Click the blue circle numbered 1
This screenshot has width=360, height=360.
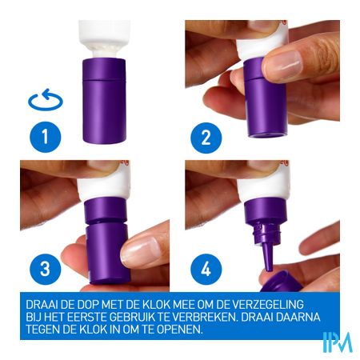[x=46, y=137]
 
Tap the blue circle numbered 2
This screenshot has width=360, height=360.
[x=206, y=138]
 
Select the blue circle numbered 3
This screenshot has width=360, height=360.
[x=46, y=269]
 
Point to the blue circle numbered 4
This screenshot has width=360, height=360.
[x=206, y=269]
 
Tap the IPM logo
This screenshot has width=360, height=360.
[x=338, y=342]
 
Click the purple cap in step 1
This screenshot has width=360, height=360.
[x=104, y=101]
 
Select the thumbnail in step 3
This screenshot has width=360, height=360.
[x=141, y=250]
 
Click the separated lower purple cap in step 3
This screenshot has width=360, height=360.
[x=108, y=254]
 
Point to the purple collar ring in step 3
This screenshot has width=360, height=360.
[x=106, y=210]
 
